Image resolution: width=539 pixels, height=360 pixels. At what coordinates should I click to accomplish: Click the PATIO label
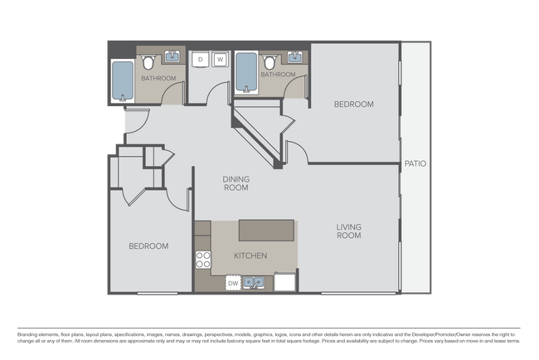[415, 163]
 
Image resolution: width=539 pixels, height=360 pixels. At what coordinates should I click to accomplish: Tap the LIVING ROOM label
[348, 231]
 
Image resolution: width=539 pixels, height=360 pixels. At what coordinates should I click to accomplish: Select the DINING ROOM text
[236, 183]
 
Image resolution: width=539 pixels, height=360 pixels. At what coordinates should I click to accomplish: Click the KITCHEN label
[250, 256]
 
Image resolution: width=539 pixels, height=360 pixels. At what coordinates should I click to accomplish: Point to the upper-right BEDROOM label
[353, 105]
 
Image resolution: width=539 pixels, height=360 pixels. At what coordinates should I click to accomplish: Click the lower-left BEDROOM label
[148, 246]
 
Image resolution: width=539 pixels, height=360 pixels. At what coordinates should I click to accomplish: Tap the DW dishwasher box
[234, 283]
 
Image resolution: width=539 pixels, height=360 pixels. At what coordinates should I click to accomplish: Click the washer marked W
[221, 60]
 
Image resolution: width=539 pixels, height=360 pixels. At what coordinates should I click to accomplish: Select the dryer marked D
[201, 60]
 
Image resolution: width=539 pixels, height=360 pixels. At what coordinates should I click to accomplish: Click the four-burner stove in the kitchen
[202, 260]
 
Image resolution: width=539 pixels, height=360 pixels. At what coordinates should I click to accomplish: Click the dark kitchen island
[266, 229]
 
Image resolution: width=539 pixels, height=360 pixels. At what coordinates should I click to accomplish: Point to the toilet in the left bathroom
[148, 62]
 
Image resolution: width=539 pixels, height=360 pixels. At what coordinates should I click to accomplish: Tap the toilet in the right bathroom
[270, 61]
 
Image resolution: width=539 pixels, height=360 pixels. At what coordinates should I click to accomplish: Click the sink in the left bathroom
[173, 57]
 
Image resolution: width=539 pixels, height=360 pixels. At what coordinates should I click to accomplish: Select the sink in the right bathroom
[296, 57]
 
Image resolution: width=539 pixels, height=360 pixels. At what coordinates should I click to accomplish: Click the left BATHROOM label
[158, 79]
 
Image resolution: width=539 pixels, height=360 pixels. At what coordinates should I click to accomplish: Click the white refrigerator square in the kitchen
[285, 282]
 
